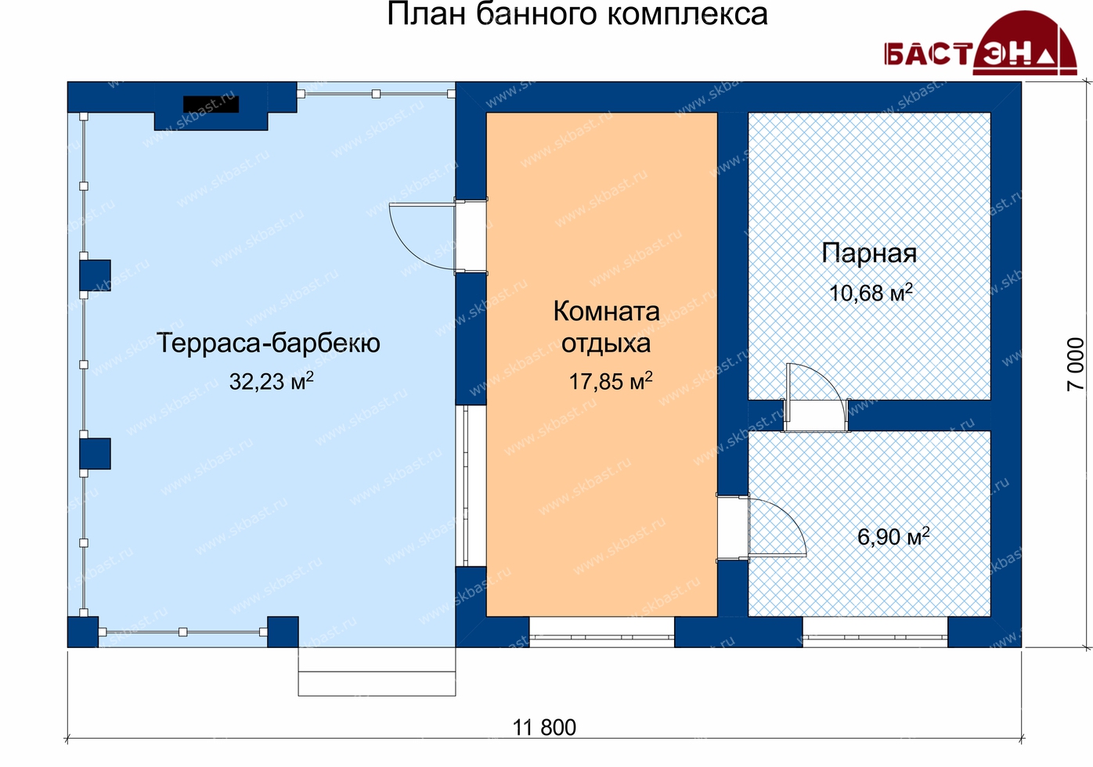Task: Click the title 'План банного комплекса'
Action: coord(577,13)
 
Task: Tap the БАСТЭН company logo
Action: coord(981,43)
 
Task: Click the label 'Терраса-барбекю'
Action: coord(269,343)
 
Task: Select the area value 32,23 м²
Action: coord(272,381)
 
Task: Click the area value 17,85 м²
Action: coord(611,381)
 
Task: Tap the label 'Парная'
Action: coord(869,254)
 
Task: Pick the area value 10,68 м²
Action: coord(871,293)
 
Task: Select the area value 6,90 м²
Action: coord(893,537)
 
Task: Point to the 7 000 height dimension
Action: coord(1075,365)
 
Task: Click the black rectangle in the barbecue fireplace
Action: coord(211,104)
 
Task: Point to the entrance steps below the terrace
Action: coord(377,672)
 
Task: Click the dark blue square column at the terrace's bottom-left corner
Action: coord(83,632)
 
